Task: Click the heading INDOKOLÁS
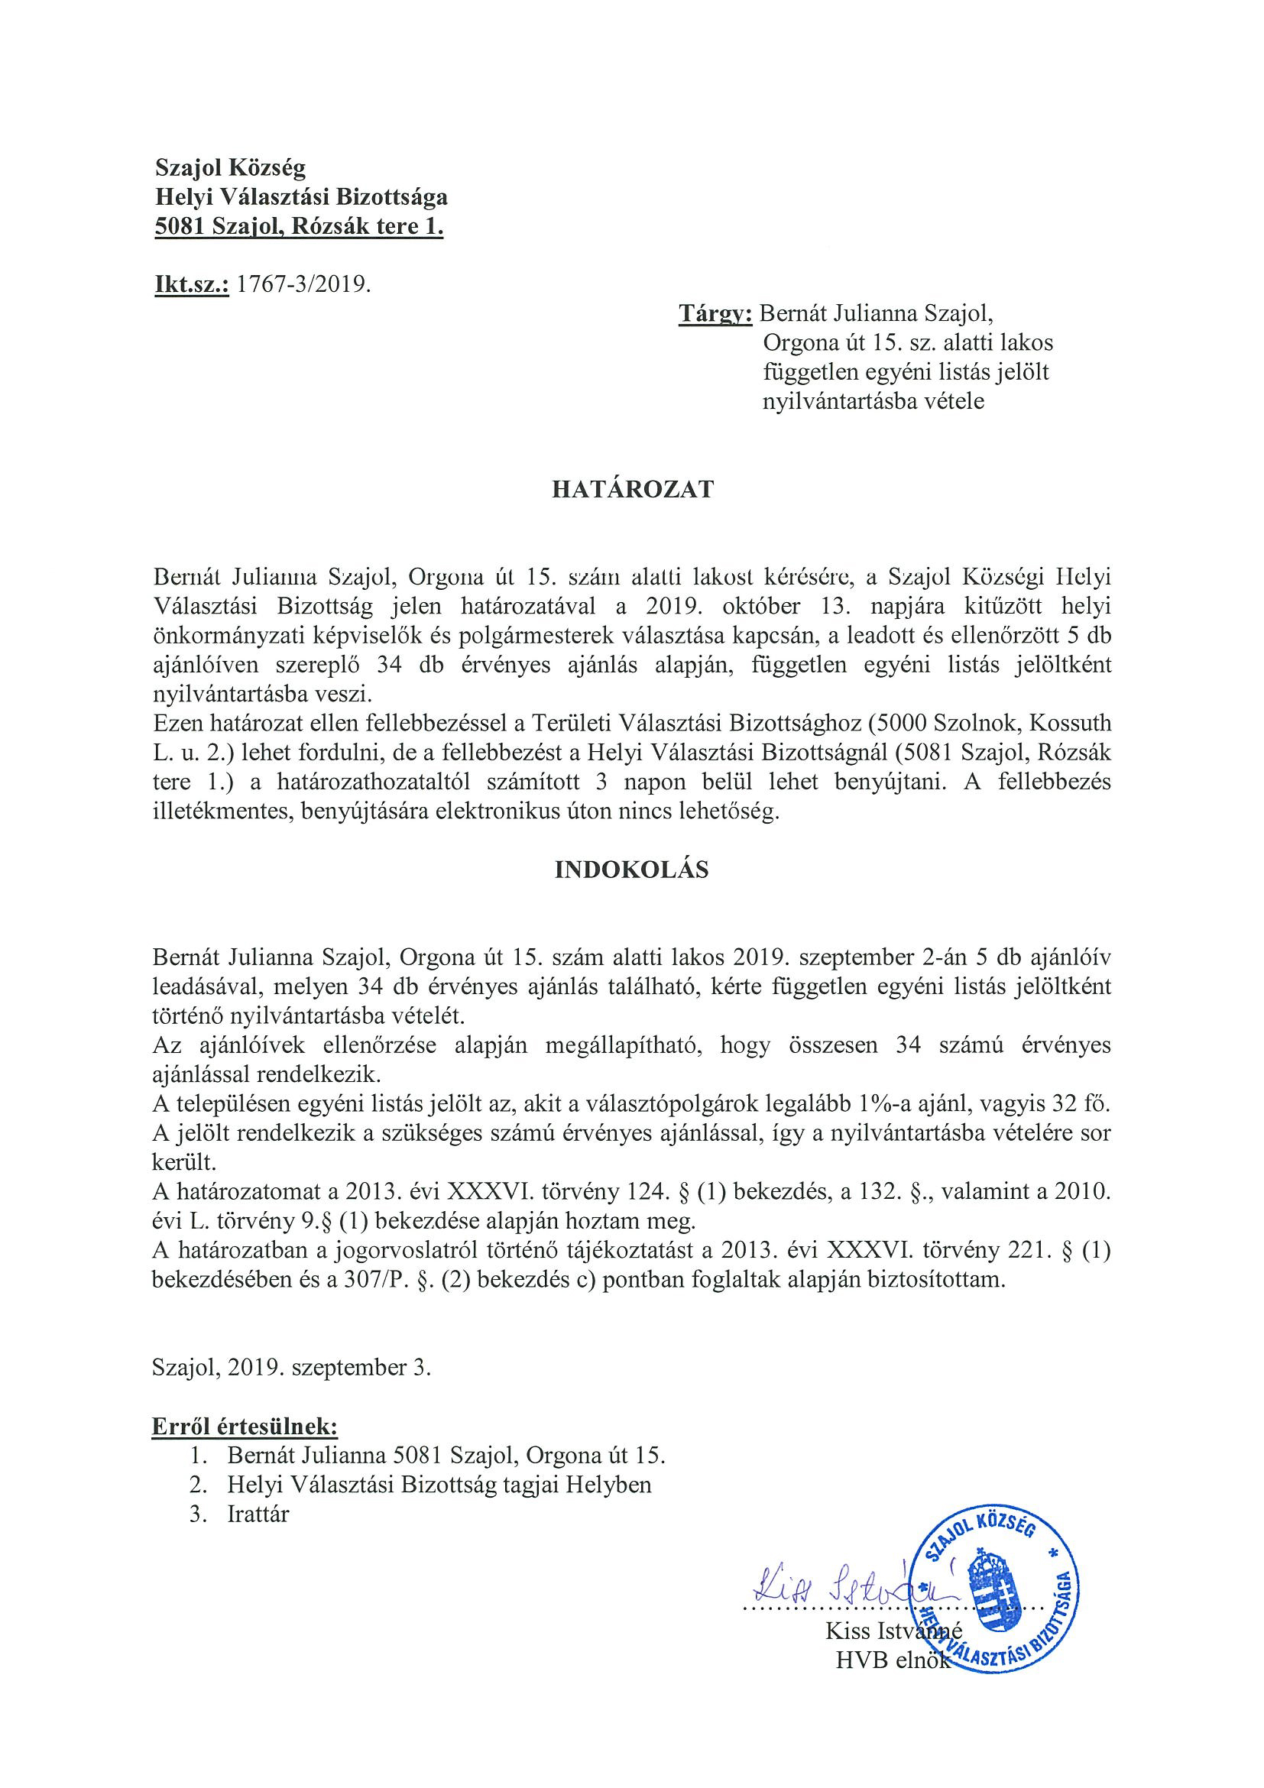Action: pyautogui.click(x=631, y=870)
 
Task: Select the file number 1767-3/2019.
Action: pyautogui.click(x=303, y=284)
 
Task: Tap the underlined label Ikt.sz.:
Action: pyautogui.click(x=192, y=284)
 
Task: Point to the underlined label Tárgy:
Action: pyautogui.click(x=715, y=313)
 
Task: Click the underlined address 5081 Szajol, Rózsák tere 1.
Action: pyautogui.click(x=299, y=227)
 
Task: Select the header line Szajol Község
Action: pyautogui.click(x=231, y=167)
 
